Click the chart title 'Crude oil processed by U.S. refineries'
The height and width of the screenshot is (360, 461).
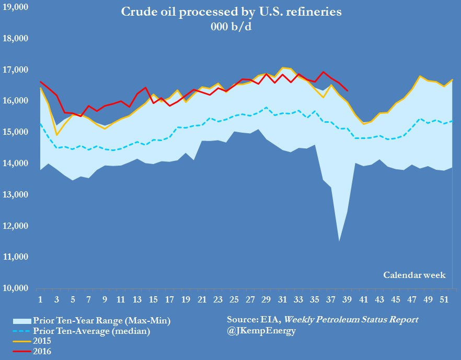coord(230,12)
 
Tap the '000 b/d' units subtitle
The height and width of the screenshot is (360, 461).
coord(230,27)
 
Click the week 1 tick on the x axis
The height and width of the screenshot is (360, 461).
coord(40,300)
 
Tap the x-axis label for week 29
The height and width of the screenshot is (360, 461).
coord(266,300)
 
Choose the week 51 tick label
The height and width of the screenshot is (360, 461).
coord(443,300)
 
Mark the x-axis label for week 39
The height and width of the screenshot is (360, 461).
coord(347,300)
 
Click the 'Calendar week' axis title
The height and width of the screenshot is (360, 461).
coord(414,275)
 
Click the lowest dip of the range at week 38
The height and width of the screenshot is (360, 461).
coord(339,241)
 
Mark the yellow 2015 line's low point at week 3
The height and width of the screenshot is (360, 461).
coord(56,135)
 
